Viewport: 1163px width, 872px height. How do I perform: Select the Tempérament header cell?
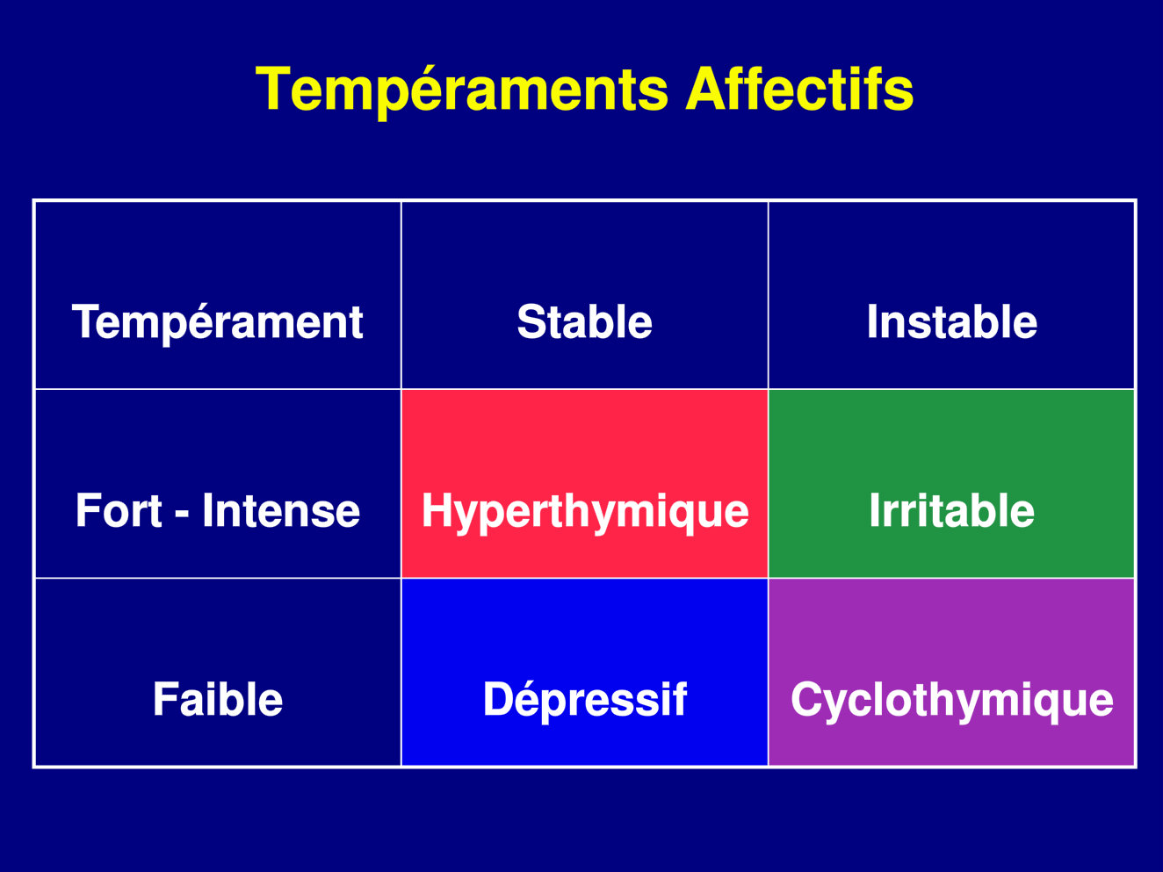(x=218, y=295)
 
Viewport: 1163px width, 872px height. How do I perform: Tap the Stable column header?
(x=584, y=295)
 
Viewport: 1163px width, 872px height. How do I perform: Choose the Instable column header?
(x=951, y=295)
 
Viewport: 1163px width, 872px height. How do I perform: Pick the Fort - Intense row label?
(x=218, y=483)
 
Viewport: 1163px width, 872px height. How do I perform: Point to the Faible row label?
(x=218, y=672)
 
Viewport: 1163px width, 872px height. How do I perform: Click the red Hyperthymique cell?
(x=584, y=483)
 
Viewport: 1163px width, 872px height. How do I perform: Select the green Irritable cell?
(x=951, y=483)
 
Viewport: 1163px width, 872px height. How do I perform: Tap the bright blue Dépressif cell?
(x=584, y=672)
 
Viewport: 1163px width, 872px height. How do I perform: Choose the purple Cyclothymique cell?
(x=951, y=672)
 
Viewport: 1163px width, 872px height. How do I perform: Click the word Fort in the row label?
(x=119, y=510)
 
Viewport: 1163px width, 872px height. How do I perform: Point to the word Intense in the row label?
(x=281, y=510)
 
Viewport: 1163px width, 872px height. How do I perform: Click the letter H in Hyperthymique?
(x=437, y=510)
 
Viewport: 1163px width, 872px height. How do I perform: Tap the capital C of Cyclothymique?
(x=807, y=699)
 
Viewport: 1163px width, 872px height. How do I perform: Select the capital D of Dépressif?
(x=499, y=699)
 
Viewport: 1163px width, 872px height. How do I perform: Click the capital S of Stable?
(x=532, y=322)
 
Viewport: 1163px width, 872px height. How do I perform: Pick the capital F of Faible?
(x=165, y=699)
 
